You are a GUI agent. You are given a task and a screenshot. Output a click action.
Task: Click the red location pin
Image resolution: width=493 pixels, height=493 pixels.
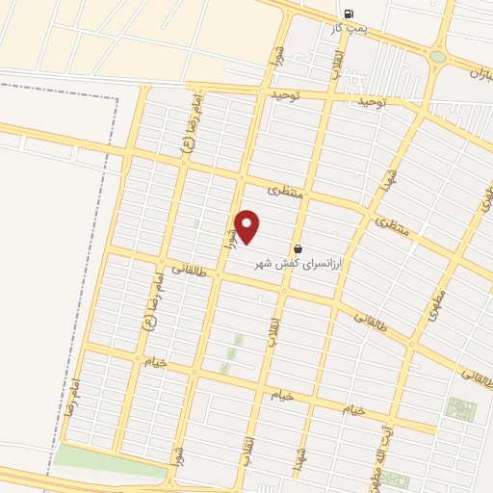[x=247, y=225]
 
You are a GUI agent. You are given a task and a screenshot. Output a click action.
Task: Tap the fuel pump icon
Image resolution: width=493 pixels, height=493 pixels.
[x=349, y=14]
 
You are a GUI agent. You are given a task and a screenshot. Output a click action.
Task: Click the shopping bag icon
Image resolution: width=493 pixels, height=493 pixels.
[x=298, y=248]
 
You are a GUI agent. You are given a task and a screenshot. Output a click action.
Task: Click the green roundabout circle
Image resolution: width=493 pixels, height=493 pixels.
[x=438, y=57]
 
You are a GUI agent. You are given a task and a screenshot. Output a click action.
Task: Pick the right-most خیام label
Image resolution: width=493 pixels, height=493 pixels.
[x=354, y=410]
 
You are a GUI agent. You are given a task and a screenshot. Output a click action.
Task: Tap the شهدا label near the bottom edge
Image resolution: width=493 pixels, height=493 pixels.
[x=300, y=459]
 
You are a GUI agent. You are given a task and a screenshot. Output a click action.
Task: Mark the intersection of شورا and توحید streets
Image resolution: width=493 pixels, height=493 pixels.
[x=262, y=92]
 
